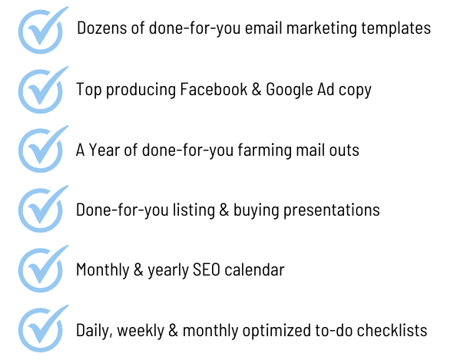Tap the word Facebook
(x=214, y=89)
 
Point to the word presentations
(x=331, y=210)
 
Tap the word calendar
(x=254, y=269)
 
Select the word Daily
(x=94, y=331)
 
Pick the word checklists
(x=392, y=330)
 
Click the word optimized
(x=277, y=331)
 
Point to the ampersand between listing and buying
(x=224, y=210)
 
